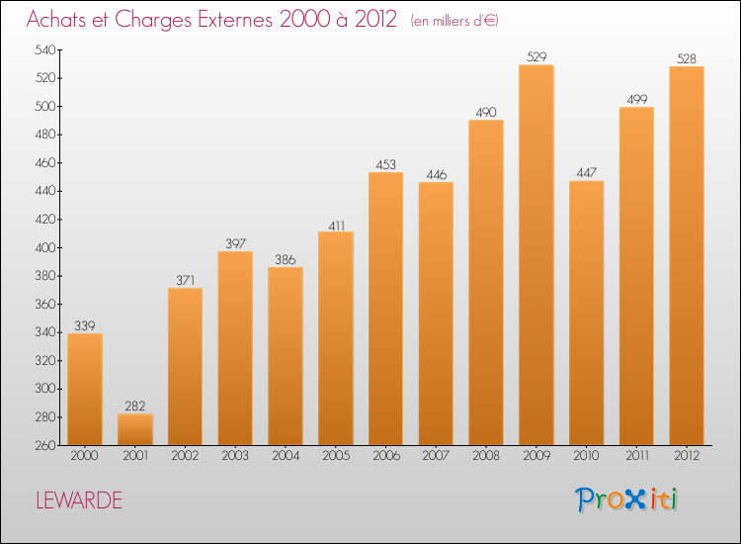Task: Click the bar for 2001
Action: tap(134, 429)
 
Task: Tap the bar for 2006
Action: tap(385, 309)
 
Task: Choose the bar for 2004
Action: tap(285, 356)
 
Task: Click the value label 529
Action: tap(535, 56)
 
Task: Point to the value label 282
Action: tap(134, 406)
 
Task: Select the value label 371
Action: tap(185, 280)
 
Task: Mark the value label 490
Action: tap(486, 112)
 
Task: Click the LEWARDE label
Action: tap(79, 500)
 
